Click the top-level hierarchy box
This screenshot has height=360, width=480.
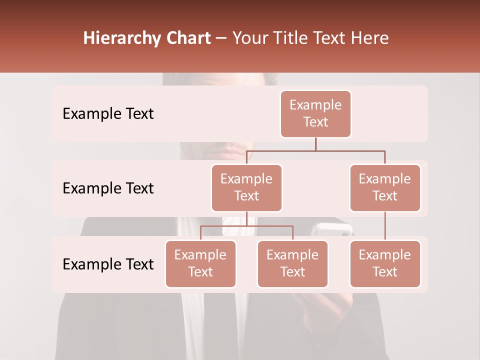tap(315, 113)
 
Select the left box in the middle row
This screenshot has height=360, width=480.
tap(246, 187)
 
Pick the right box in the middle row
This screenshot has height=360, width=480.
tap(385, 187)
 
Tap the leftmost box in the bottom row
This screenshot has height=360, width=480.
tap(200, 263)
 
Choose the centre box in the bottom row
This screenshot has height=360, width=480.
tap(292, 263)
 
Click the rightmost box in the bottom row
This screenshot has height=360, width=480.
tap(385, 263)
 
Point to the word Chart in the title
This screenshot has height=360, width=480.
tap(186, 38)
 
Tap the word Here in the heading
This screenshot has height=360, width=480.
tap(370, 38)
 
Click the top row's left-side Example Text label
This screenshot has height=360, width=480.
tap(108, 113)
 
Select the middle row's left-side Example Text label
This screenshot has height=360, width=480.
tap(108, 188)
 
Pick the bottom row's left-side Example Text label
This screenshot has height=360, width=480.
tap(108, 264)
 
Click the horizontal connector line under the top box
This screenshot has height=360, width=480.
tap(315, 150)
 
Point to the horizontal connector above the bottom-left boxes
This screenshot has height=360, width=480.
tap(246, 226)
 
